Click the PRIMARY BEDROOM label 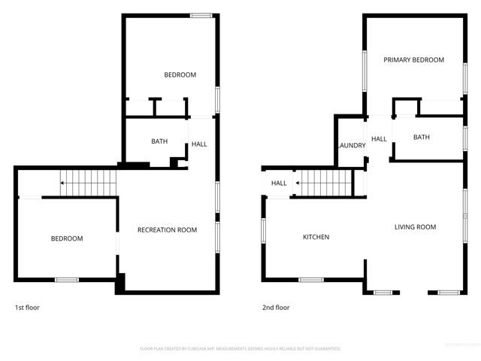click(x=413, y=60)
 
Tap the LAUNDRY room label click(x=351, y=146)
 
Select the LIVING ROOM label click(x=416, y=226)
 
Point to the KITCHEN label click(x=316, y=238)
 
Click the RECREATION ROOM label click(x=167, y=229)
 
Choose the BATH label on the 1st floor click(x=159, y=141)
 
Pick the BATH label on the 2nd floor click(x=421, y=137)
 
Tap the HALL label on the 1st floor click(x=199, y=144)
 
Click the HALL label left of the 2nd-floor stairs click(x=279, y=183)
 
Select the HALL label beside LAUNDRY click(x=379, y=139)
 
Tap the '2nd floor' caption click(x=276, y=308)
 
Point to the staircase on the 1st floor click(x=89, y=182)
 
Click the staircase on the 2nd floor click(x=323, y=182)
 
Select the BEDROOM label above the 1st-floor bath click(x=180, y=74)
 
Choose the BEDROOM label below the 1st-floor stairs click(x=67, y=238)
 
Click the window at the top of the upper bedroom click(x=200, y=16)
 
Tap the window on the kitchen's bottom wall click(x=311, y=280)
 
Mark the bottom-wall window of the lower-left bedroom click(x=66, y=280)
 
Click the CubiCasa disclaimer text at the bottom click(x=240, y=349)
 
